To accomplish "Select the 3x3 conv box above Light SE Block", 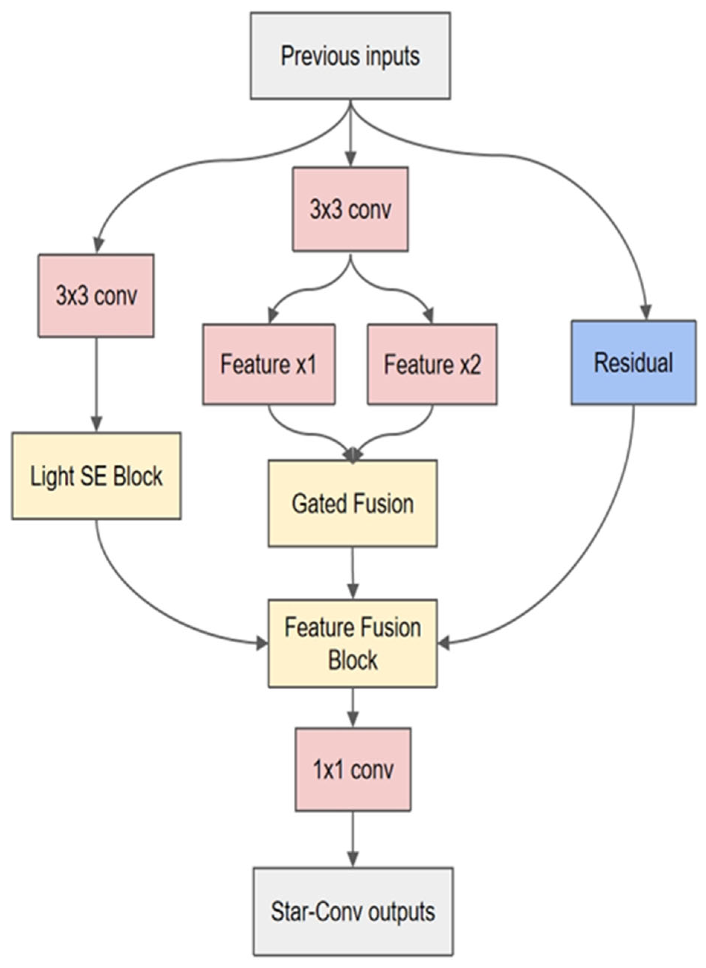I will (x=96, y=296).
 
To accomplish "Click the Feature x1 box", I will (x=268, y=364).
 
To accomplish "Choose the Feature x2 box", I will (x=432, y=364).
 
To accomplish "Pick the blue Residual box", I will (x=634, y=362).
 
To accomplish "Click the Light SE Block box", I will (x=96, y=476).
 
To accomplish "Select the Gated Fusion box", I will (x=352, y=503).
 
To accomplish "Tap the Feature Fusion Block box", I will (x=352, y=643).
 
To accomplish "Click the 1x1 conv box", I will (x=352, y=770).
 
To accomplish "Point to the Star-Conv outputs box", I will (x=353, y=911).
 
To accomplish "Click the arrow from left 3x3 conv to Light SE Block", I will (x=96, y=385).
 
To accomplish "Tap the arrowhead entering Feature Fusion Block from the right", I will (x=444, y=643).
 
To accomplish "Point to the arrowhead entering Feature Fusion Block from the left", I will (x=261, y=643).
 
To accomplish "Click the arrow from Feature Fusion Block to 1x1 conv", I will (x=352, y=708).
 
